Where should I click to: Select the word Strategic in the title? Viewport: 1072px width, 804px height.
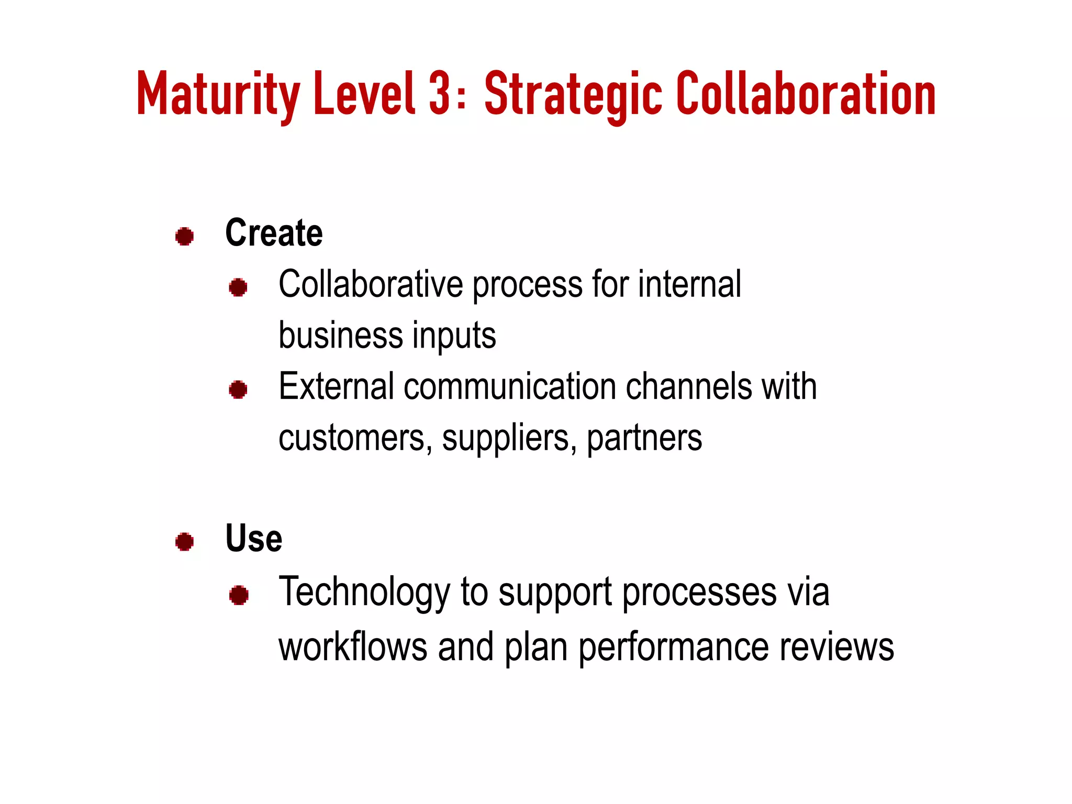pyautogui.click(x=573, y=95)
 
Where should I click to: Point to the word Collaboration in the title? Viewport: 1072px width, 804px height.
pyautogui.click(x=806, y=94)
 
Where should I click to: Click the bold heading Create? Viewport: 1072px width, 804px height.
pyautogui.click(x=274, y=233)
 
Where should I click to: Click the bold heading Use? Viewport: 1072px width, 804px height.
pyautogui.click(x=253, y=539)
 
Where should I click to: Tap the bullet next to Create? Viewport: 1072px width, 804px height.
pyautogui.click(x=184, y=236)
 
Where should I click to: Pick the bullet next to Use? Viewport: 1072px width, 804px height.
pyautogui.click(x=184, y=542)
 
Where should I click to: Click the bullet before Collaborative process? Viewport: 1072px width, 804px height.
pyautogui.click(x=238, y=287)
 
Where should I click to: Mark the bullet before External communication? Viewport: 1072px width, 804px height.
pyautogui.click(x=238, y=389)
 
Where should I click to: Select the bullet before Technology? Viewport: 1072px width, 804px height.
pyautogui.click(x=239, y=595)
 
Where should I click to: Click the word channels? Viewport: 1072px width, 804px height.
pyautogui.click(x=689, y=387)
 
